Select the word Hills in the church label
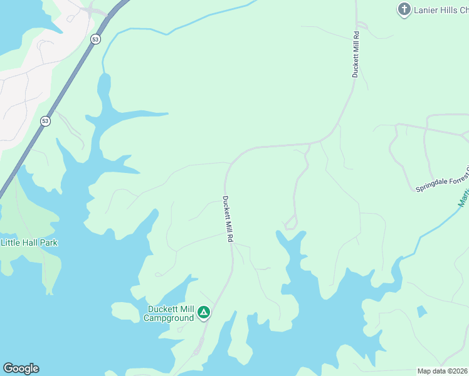click(x=455, y=10)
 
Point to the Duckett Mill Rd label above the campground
click(x=228, y=219)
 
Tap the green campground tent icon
click(x=203, y=312)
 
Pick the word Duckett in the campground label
click(x=162, y=309)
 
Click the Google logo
click(x=21, y=368)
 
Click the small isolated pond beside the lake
click(x=421, y=311)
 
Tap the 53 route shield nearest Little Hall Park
click(x=45, y=121)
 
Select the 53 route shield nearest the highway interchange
click(x=95, y=39)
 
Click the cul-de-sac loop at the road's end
click(x=290, y=223)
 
